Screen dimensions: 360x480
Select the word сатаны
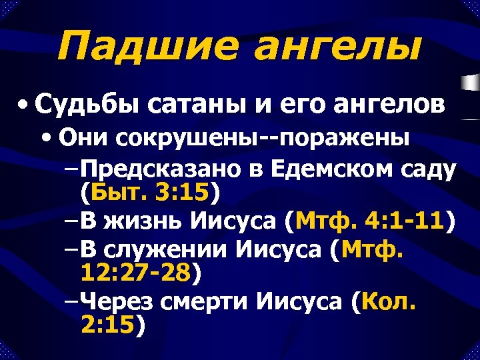point(191,105)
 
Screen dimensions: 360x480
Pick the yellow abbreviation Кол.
point(387,303)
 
